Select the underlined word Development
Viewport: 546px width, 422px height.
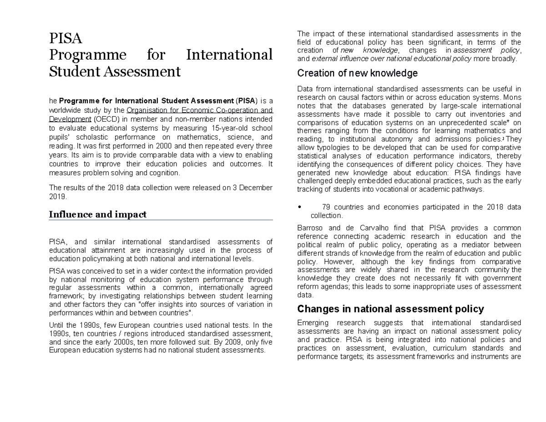[70, 120]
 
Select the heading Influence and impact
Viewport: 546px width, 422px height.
[97, 214]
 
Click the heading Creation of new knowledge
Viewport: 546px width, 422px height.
[357, 73]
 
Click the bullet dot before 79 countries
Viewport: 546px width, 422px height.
[299, 208]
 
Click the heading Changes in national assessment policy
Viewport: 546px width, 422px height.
[390, 309]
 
